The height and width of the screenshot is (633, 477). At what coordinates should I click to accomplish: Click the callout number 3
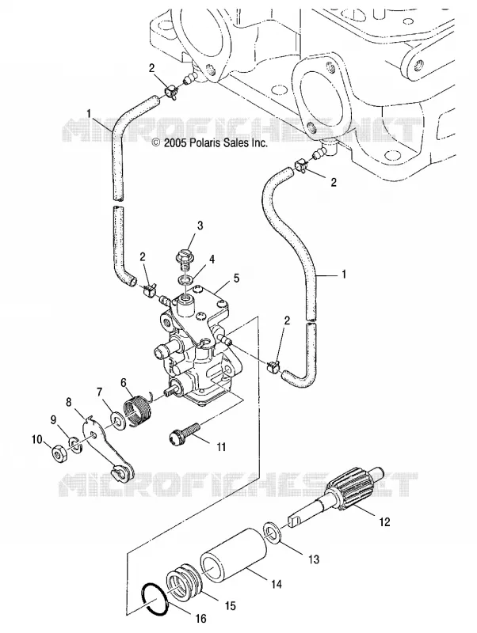tap(200, 226)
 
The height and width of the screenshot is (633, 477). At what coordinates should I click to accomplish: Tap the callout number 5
tap(236, 279)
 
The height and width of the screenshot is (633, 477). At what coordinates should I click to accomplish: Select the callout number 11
tap(220, 447)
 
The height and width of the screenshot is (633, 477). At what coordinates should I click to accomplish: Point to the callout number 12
tap(384, 521)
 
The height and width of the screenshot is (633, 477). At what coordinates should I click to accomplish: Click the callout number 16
tap(201, 618)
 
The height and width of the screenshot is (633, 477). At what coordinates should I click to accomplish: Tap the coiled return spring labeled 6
tap(138, 408)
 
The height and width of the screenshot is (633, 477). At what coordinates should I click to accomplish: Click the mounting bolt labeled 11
tap(185, 434)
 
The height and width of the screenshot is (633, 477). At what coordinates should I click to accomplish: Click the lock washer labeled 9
tap(74, 445)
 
